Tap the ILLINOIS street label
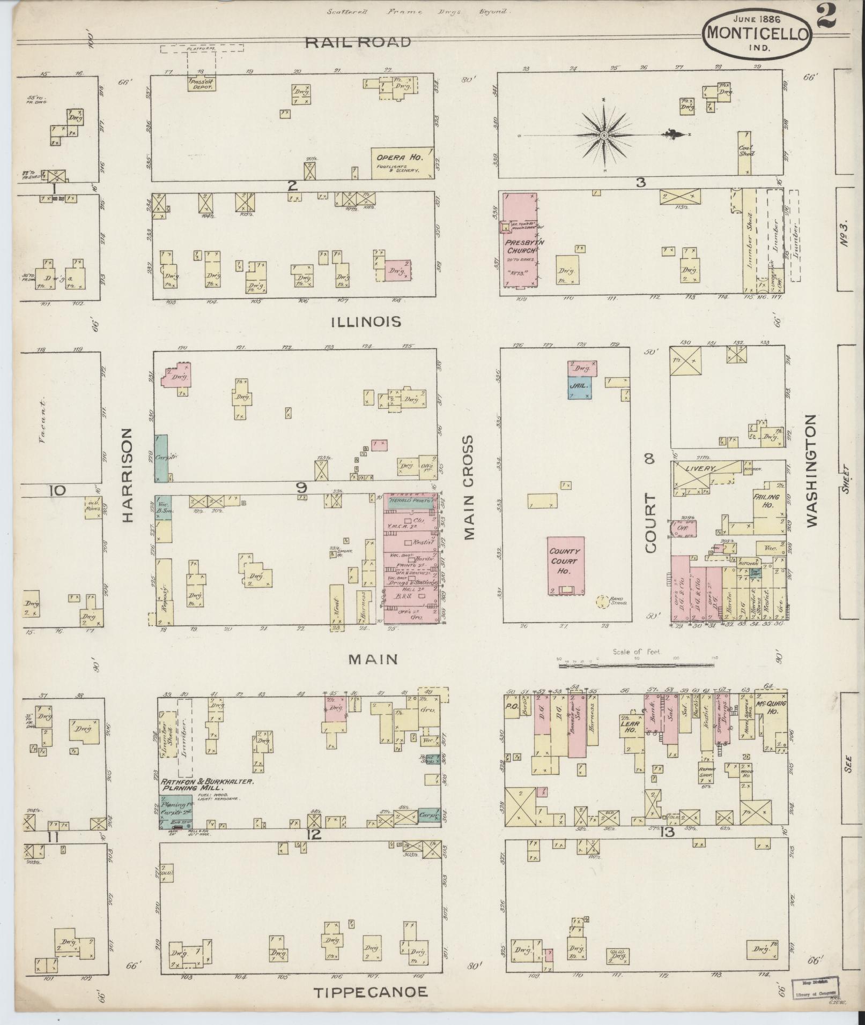pyautogui.click(x=366, y=321)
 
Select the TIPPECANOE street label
pyautogui.click(x=371, y=992)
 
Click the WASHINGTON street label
pyautogui.click(x=811, y=470)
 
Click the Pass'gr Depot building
pyautogui.click(x=201, y=83)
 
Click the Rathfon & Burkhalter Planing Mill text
pyautogui.click(x=206, y=785)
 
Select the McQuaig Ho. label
pyautogui.click(x=771, y=707)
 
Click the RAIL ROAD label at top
pyautogui.click(x=358, y=42)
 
